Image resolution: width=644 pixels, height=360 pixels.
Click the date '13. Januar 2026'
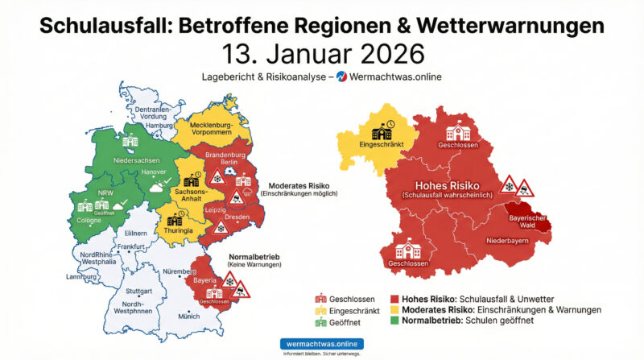[321, 55]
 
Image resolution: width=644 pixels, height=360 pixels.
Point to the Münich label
[188, 317]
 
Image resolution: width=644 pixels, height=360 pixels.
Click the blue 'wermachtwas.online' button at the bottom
[321, 343]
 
